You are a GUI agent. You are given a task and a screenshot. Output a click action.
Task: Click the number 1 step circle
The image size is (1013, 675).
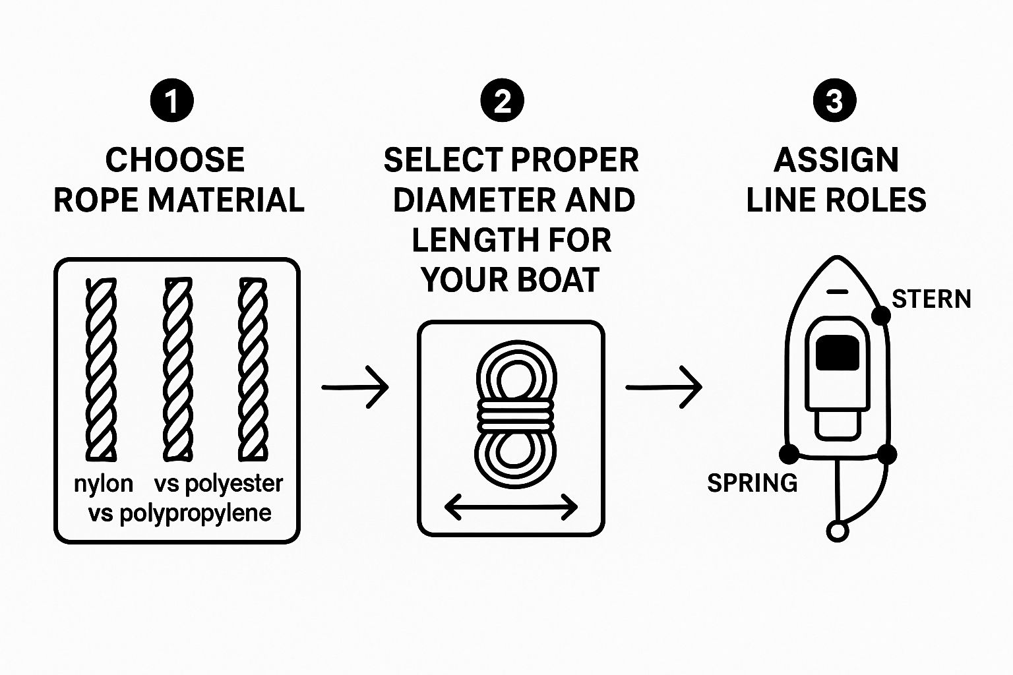click(172, 101)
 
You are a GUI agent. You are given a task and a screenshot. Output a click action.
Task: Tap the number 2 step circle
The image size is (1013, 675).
click(503, 101)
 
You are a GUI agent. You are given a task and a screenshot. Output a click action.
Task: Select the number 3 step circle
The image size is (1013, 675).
click(834, 101)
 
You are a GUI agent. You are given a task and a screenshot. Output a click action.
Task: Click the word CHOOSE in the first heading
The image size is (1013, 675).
click(175, 160)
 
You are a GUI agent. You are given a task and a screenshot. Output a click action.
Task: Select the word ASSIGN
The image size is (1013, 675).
click(836, 160)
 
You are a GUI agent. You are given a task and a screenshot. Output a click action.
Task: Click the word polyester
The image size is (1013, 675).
click(233, 484)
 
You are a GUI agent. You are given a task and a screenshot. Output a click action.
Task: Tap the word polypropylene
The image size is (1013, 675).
click(195, 513)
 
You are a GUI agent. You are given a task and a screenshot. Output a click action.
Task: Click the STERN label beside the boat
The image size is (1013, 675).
click(931, 299)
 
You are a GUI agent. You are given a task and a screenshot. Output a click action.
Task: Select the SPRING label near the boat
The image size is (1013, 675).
click(752, 483)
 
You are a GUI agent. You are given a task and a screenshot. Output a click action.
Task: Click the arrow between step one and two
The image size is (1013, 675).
click(355, 387)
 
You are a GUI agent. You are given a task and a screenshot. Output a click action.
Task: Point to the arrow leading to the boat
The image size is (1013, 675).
click(663, 387)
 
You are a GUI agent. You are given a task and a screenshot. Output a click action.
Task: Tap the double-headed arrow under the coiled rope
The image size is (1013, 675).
click(511, 507)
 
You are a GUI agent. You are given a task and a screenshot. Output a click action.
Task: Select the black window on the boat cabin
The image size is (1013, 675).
click(837, 352)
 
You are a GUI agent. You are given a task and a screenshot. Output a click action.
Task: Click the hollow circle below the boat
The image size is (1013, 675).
click(837, 531)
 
